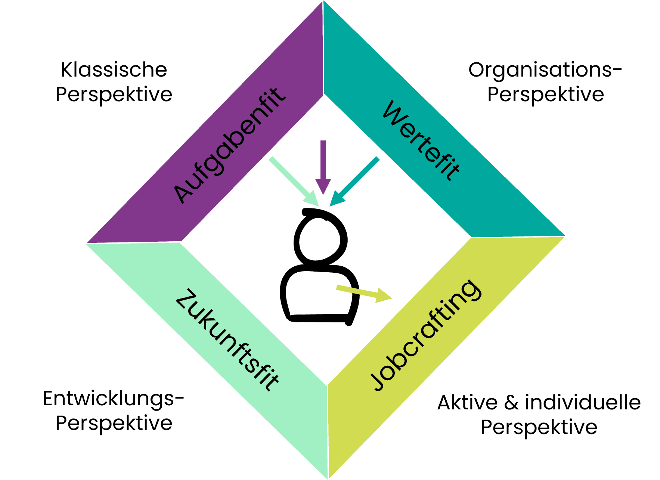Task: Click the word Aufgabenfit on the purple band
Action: click(229, 146)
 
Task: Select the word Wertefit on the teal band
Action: click(421, 140)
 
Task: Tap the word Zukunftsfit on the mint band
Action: click(227, 340)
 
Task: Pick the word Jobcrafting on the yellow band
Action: click(425, 335)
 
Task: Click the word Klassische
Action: click(114, 70)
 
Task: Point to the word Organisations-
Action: click(545, 71)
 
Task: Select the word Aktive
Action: click(467, 403)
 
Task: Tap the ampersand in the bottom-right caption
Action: click(511, 403)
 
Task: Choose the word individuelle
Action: click(583, 402)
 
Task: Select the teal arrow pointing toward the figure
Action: click(355, 181)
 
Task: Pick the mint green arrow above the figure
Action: click(294, 182)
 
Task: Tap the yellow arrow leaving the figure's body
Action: click(364, 293)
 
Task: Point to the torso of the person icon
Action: click(317, 295)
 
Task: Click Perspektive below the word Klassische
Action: click(114, 95)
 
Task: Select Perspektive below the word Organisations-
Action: click(545, 95)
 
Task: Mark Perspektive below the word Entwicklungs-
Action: click(114, 423)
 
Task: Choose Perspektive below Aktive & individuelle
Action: click(539, 427)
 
